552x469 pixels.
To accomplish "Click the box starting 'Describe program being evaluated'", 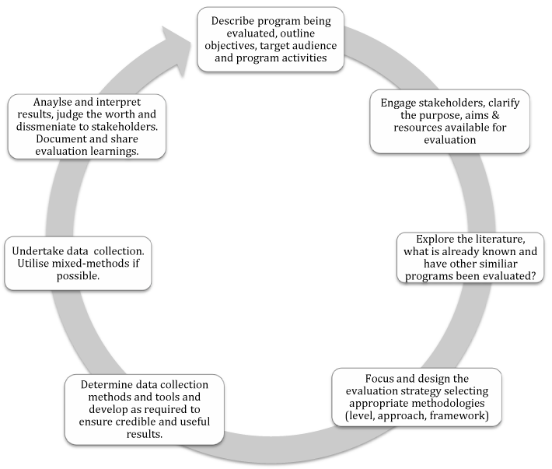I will (271, 39).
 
